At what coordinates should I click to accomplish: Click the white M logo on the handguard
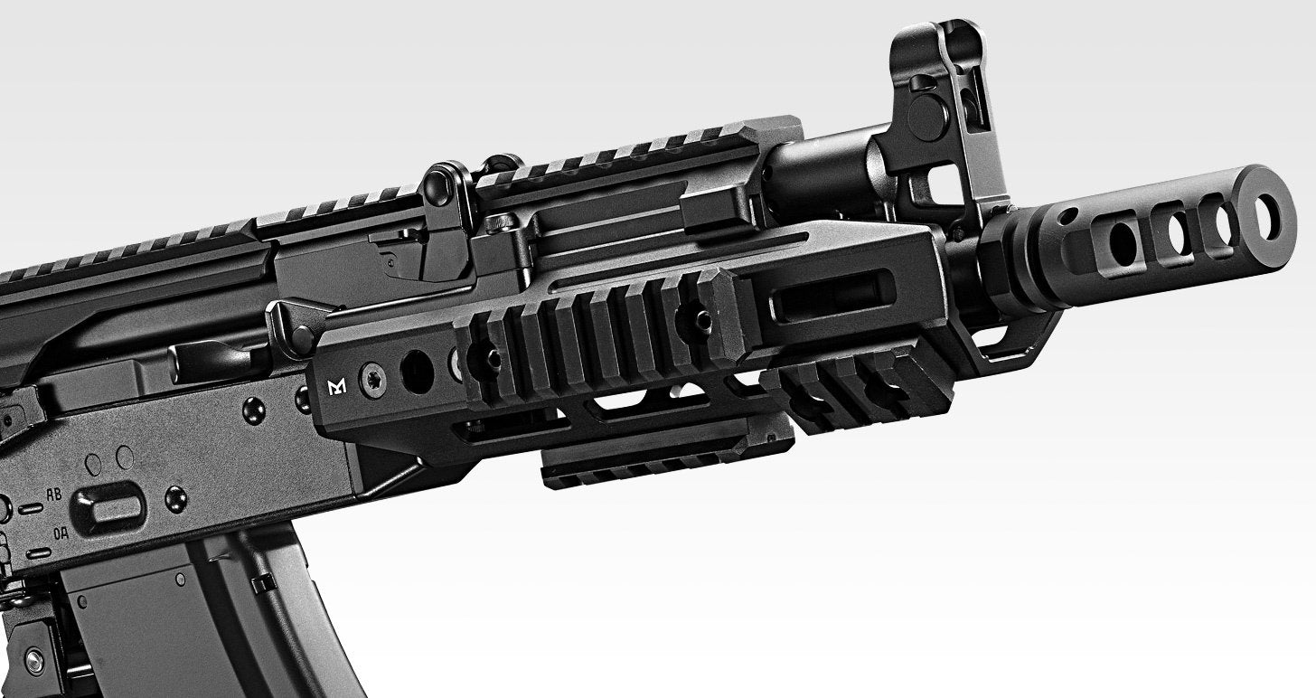(337, 388)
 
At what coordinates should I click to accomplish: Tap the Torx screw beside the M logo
(371, 382)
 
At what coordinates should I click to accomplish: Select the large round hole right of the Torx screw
(417, 372)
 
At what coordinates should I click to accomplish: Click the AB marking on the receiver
(54, 495)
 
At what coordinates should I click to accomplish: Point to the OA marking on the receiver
(61, 533)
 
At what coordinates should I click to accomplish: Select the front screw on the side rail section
(700, 318)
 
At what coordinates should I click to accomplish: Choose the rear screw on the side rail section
(493, 360)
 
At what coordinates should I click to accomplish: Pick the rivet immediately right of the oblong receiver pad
(176, 497)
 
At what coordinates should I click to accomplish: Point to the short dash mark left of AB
(30, 509)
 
